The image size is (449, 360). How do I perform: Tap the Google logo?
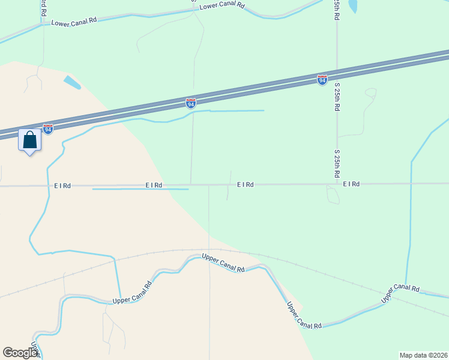point(20,353)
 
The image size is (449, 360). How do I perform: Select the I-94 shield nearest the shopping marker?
point(48,129)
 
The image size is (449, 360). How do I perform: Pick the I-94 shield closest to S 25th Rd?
point(322,79)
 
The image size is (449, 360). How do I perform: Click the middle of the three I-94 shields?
point(191,104)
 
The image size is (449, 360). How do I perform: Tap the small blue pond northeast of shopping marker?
point(72,82)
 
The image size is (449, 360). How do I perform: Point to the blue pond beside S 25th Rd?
point(352,6)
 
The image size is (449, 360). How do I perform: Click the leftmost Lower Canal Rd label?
point(74,22)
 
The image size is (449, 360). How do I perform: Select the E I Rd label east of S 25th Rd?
point(351,184)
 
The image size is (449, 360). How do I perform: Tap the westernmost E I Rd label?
point(62,186)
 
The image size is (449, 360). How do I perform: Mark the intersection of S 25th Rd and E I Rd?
point(337,184)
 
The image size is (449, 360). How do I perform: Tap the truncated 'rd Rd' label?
point(43,7)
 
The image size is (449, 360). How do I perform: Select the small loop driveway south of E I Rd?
point(333,195)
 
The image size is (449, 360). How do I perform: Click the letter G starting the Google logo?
point(8,353)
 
